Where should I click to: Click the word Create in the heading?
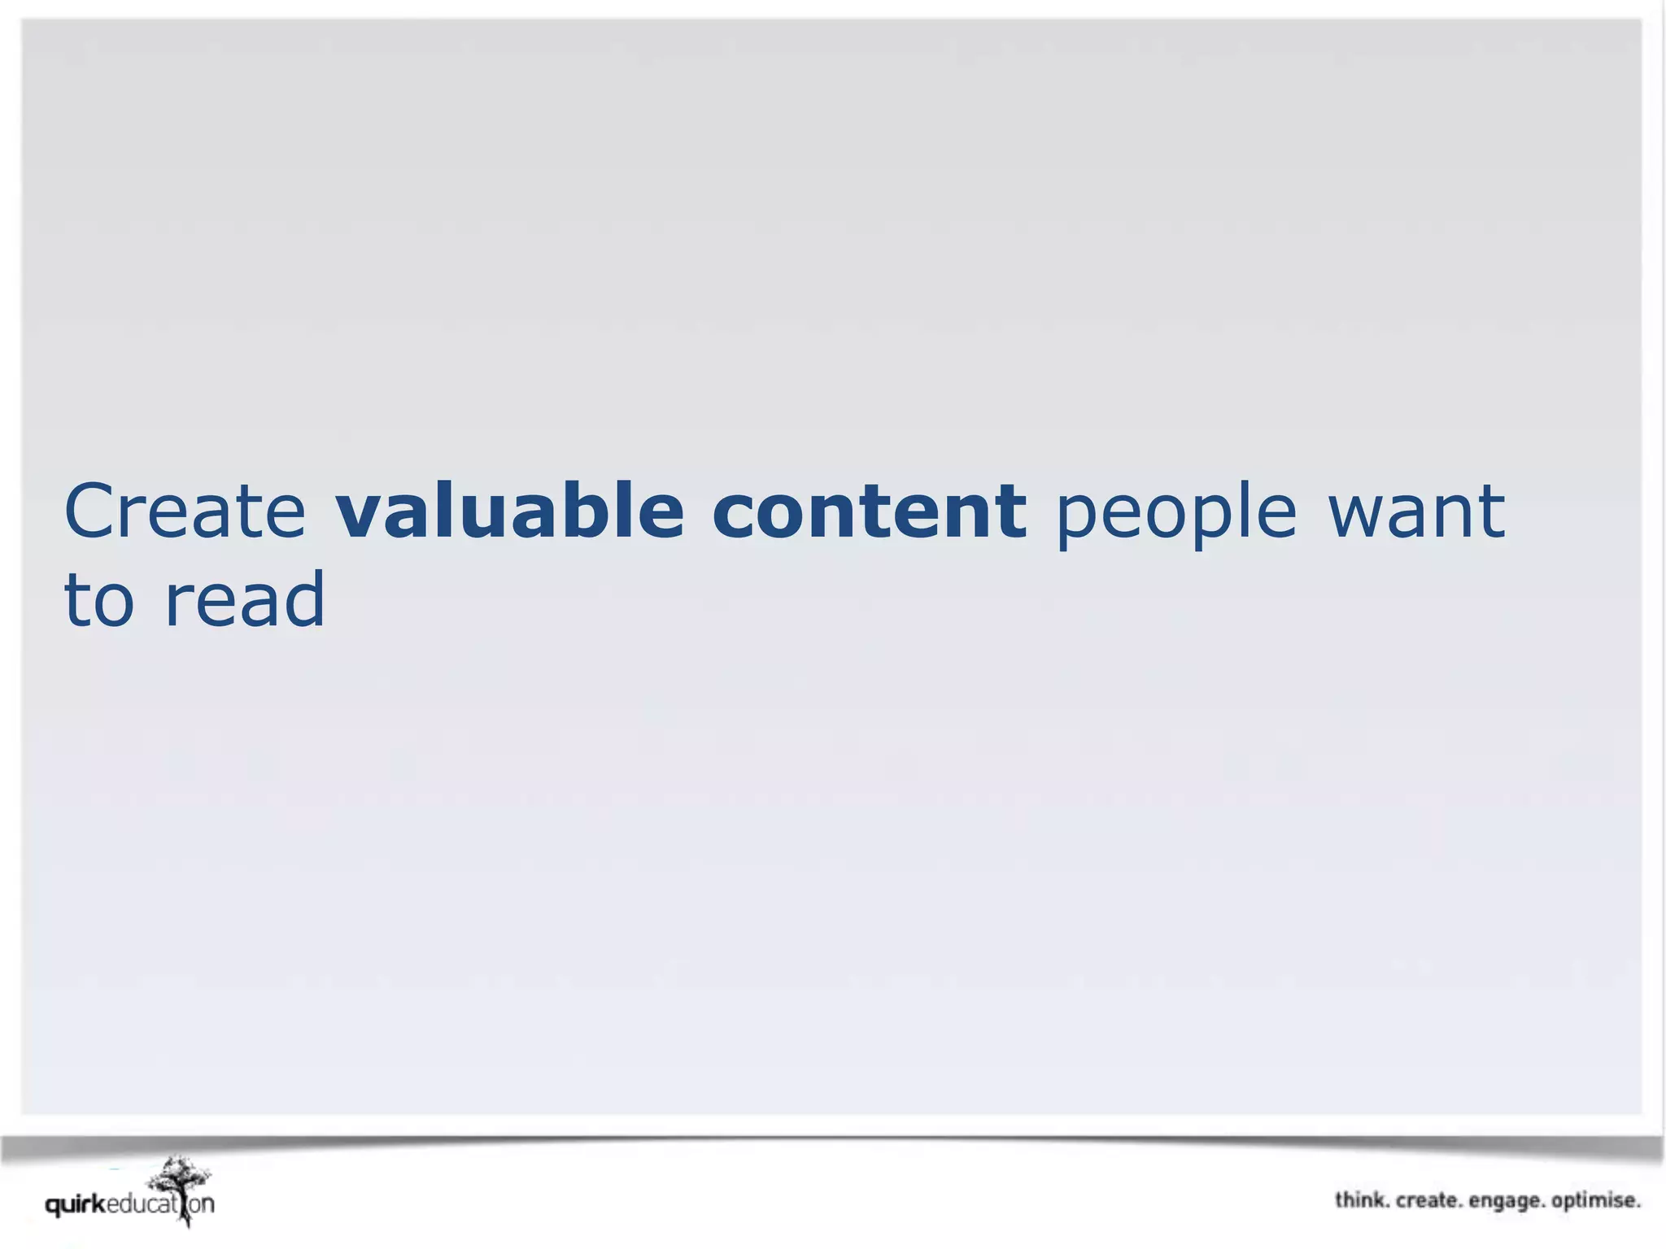185,511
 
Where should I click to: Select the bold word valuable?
510,511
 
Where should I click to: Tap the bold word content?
869,511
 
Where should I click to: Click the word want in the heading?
1416,511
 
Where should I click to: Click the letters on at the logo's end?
203,1204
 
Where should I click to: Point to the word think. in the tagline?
1361,1200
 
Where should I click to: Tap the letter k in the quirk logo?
99,1203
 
